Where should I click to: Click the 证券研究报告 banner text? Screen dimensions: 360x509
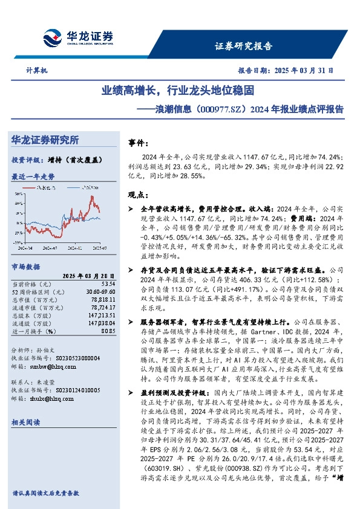[x=243, y=46]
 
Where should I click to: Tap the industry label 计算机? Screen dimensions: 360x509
[x=37, y=71]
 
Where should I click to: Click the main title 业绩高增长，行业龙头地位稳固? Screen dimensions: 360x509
[x=177, y=92]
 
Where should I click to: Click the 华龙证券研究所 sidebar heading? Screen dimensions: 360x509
[x=45, y=140]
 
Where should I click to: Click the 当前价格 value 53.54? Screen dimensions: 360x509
[x=108, y=283]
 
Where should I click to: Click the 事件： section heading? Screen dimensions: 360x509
[x=139, y=143]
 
